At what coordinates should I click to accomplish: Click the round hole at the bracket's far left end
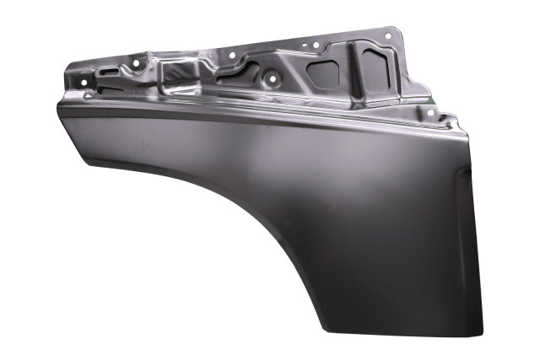tap(84, 81)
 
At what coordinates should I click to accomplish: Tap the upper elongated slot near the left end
tap(107, 72)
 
